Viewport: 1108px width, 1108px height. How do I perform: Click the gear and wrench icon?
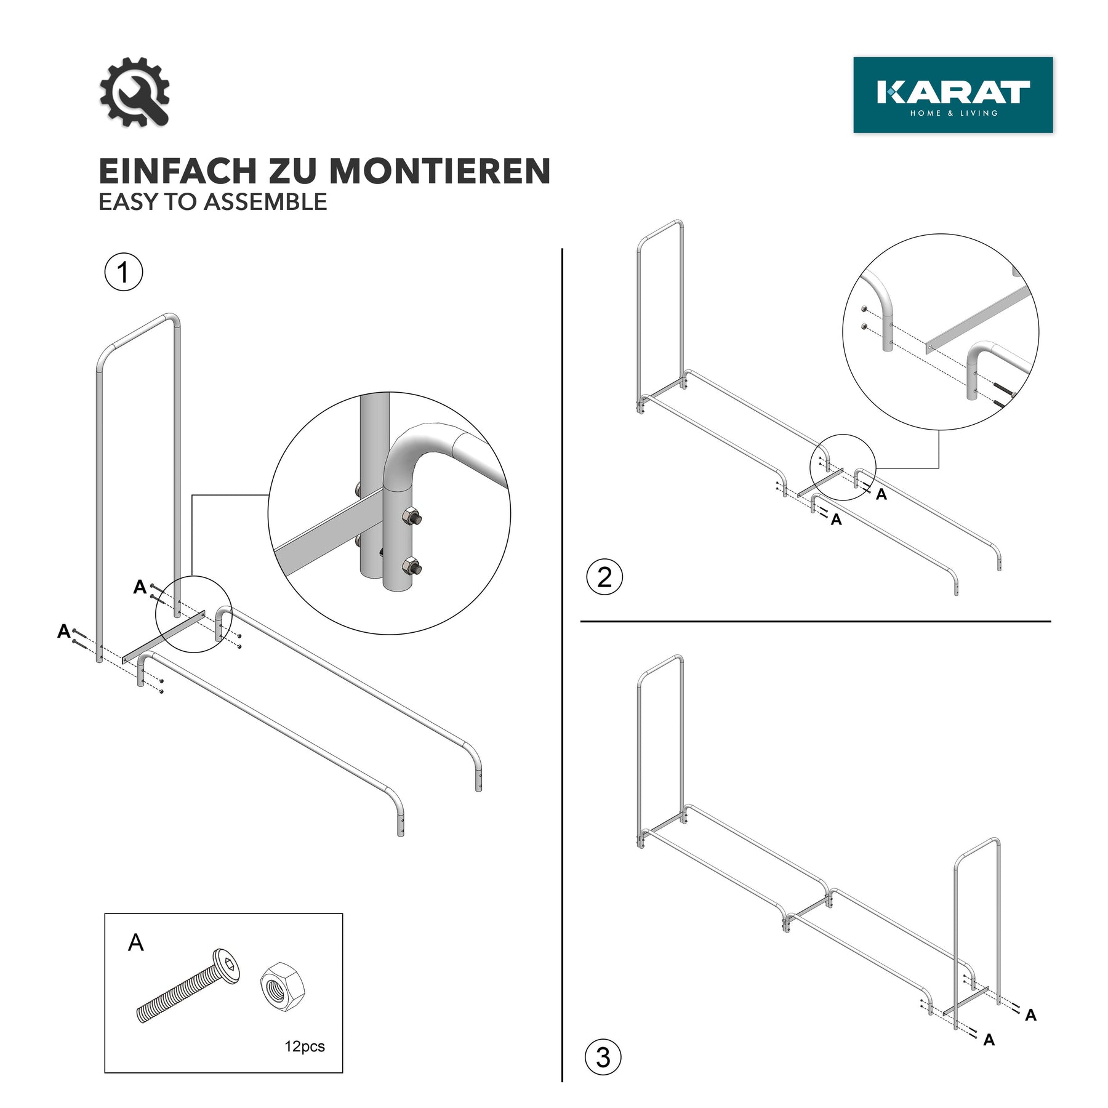134,92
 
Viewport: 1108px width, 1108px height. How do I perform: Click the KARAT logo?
953,95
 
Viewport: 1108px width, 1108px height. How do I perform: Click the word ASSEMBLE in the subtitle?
265,202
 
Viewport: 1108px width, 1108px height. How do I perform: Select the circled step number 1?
123,272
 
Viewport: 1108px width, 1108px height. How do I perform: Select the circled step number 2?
604,577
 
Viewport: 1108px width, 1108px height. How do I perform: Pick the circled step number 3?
603,1058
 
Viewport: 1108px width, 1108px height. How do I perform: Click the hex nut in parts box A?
283,985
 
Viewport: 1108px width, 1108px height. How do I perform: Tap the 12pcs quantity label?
305,1046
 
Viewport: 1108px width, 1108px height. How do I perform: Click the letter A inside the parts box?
135,942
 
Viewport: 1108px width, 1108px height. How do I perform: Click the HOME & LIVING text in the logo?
954,113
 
